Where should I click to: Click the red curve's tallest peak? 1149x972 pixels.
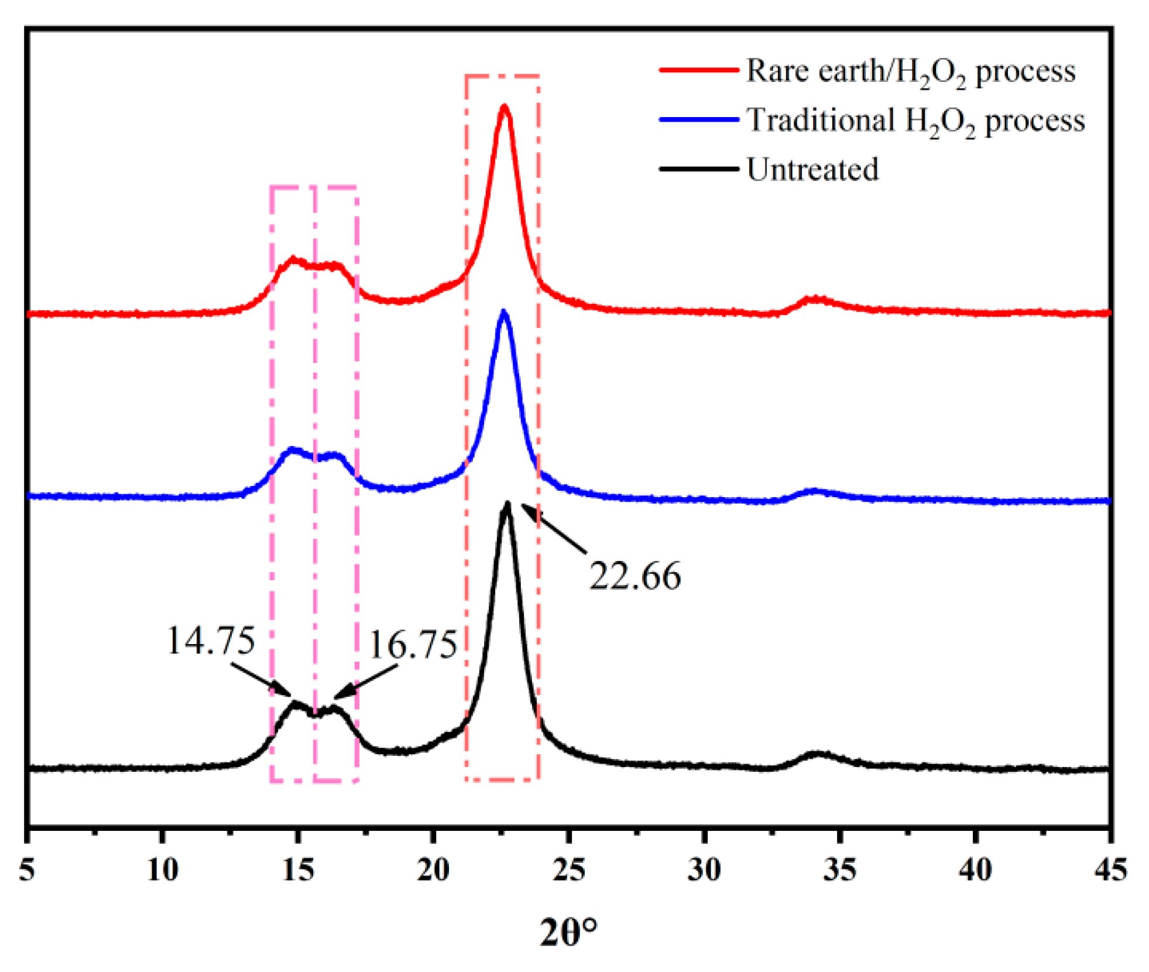[x=504, y=107]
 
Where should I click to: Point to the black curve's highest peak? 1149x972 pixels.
[x=507, y=504]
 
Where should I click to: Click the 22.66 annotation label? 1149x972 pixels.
[x=634, y=576]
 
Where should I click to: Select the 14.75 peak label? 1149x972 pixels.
[x=211, y=640]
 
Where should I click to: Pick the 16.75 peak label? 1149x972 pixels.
[x=413, y=645]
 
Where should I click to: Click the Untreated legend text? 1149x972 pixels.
[x=812, y=169]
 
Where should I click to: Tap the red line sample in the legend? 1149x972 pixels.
[x=698, y=70]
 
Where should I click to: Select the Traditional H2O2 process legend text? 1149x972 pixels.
[x=915, y=120]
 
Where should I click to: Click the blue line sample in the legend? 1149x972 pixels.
[x=698, y=119]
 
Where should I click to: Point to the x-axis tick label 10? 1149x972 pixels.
[x=162, y=870]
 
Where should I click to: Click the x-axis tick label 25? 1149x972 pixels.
[x=568, y=870]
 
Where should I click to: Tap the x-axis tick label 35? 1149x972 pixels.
[x=839, y=870]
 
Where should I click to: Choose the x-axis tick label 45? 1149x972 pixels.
[x=1110, y=870]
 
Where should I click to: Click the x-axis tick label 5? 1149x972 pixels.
[x=27, y=870]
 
